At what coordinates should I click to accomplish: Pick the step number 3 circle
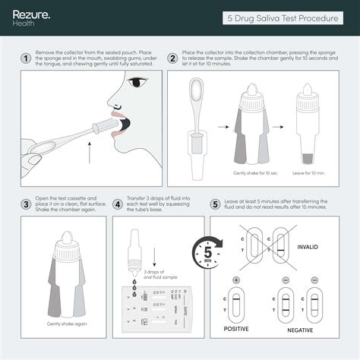point(26,204)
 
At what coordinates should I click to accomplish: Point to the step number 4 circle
point(118,204)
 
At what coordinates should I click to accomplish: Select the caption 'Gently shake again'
point(67,324)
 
